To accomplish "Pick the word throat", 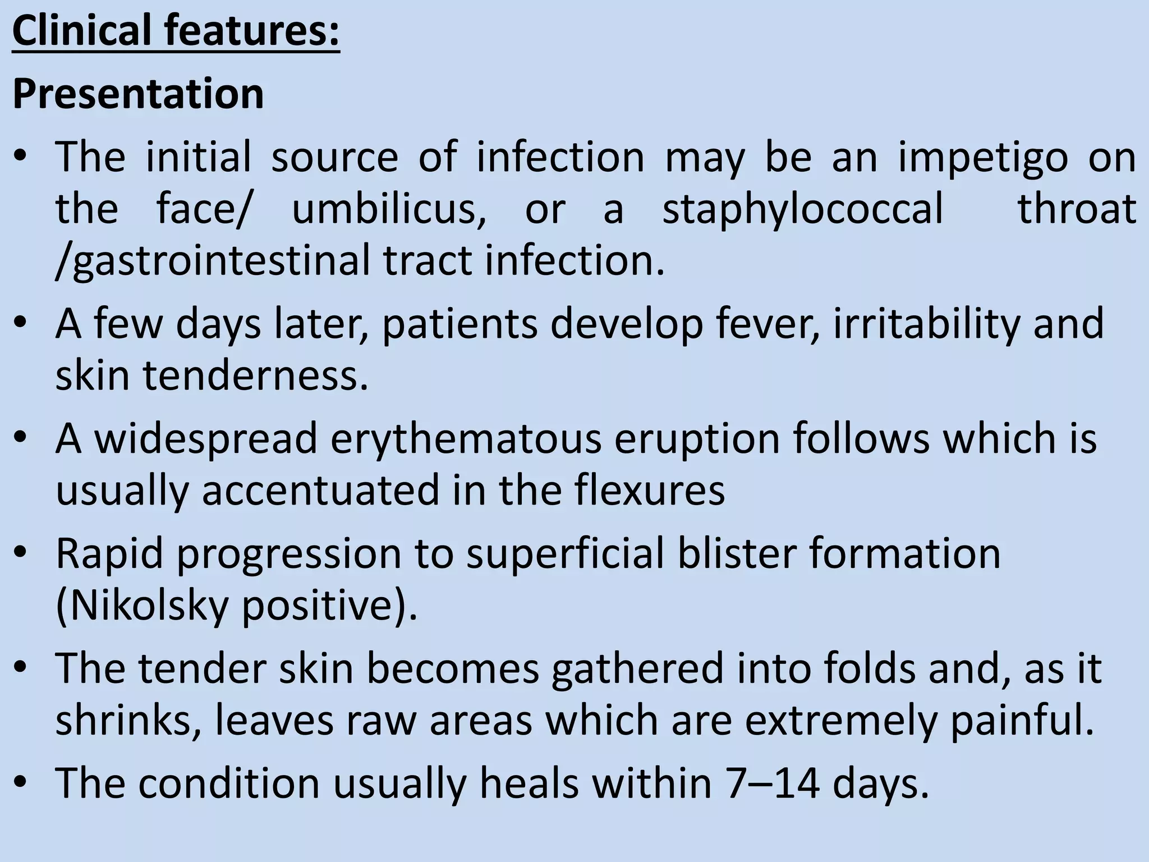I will [x=1077, y=209].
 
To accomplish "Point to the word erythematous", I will [x=466, y=439].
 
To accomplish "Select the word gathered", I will [x=637, y=670].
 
